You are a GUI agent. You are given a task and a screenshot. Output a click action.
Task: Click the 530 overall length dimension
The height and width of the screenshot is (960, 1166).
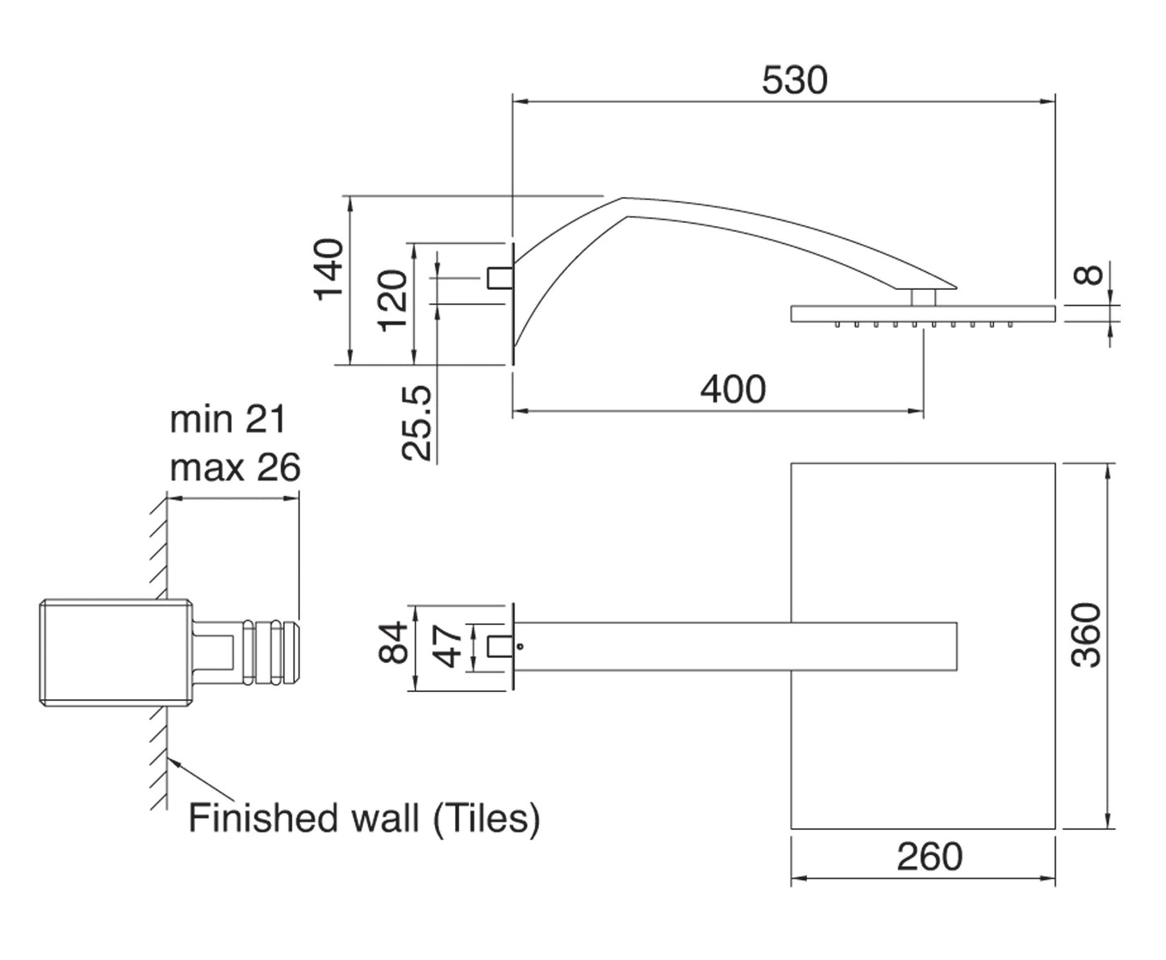(795, 81)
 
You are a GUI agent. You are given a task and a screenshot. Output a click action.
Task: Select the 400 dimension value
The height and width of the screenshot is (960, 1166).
(733, 390)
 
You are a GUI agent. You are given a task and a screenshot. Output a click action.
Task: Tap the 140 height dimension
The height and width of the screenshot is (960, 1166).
(329, 270)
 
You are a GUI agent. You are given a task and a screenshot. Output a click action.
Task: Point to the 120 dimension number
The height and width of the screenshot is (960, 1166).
(393, 300)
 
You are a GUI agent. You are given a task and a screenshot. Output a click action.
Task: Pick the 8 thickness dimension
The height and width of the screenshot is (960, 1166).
(1091, 275)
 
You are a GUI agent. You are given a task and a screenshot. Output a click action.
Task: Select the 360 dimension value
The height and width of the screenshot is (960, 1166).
(1089, 635)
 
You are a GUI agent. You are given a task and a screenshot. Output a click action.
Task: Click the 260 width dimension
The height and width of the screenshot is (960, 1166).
(930, 857)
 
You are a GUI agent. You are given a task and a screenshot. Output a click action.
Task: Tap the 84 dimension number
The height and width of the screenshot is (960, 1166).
(394, 643)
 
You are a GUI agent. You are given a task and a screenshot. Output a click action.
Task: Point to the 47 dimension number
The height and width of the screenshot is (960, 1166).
(451, 645)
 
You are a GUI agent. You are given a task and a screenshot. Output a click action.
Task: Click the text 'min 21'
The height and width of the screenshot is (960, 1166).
(228, 420)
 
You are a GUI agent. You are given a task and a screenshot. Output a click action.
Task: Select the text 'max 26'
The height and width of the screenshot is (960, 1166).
(235, 467)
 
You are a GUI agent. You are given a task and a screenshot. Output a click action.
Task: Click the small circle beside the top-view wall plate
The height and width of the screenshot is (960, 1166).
(521, 646)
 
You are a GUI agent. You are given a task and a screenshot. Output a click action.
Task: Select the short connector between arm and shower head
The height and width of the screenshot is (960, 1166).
(924, 297)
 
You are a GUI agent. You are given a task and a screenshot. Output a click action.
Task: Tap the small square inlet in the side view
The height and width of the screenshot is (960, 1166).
(499, 277)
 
